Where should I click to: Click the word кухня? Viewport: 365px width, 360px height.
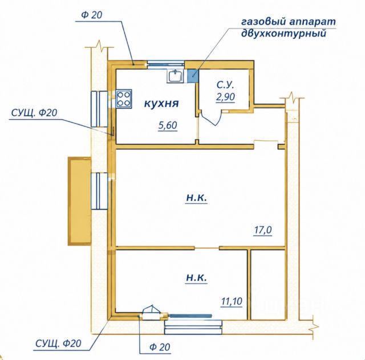(161, 104)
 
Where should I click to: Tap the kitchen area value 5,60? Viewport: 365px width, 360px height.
(168, 125)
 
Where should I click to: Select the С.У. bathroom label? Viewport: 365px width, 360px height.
(225, 85)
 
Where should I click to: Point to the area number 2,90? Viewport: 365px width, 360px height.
(225, 96)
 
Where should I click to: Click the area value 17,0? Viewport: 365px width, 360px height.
(263, 230)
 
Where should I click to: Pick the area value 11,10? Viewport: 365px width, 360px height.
(232, 301)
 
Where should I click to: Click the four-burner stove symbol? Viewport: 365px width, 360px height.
(124, 99)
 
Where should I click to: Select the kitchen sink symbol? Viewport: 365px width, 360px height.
(175, 76)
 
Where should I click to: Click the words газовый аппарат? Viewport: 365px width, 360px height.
(289, 22)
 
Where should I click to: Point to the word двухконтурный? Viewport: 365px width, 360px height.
(283, 34)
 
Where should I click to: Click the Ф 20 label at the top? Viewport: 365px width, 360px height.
(91, 15)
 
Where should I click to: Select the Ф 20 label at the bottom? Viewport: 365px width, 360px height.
(160, 347)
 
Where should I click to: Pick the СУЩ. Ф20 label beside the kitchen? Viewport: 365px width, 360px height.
(34, 113)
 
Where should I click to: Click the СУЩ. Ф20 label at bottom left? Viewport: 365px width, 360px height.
(58, 343)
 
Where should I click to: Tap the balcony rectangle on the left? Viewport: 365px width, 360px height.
(79, 201)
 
